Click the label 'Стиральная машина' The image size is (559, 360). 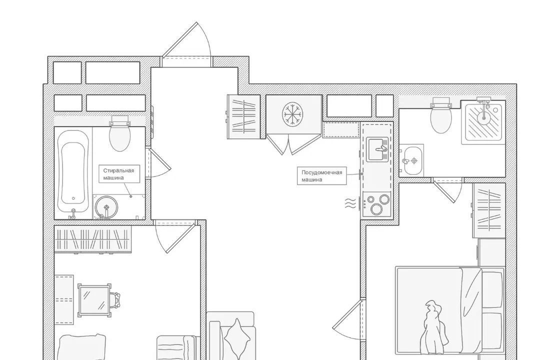118,174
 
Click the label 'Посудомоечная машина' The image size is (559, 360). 321,176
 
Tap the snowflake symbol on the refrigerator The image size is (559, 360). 292,114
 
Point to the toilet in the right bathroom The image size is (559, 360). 441,116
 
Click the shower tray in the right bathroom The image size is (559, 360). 483,122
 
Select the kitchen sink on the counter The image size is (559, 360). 377,150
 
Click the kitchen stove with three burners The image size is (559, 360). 376,204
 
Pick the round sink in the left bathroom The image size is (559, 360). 106,207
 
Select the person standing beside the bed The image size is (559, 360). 434,328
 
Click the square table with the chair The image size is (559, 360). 94,300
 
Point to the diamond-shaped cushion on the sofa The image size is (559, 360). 237,339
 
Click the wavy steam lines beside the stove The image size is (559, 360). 350,203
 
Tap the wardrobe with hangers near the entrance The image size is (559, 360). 244,116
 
